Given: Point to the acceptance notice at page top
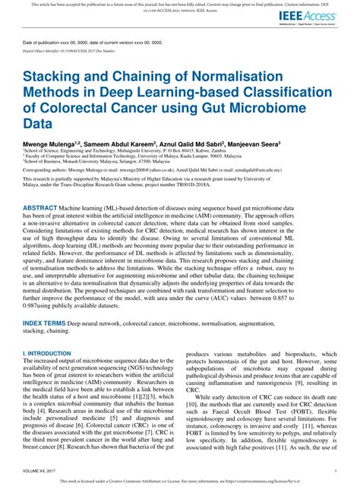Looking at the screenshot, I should pos(179,6).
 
